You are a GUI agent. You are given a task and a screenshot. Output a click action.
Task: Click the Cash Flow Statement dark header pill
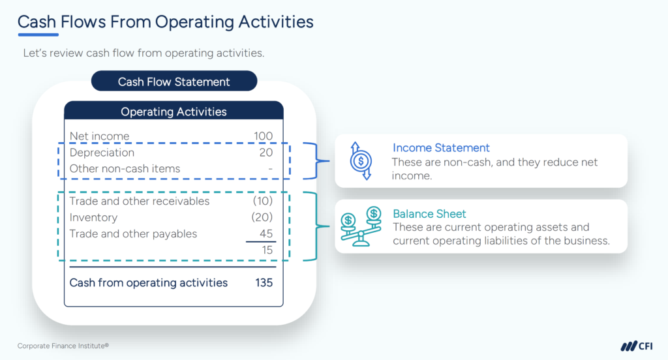174,82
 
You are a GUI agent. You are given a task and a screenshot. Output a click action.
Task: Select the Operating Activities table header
174,112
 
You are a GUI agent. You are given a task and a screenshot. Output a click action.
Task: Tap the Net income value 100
263,136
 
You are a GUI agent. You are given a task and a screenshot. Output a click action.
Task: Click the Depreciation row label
102,153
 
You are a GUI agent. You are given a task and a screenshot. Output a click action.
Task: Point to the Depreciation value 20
266,153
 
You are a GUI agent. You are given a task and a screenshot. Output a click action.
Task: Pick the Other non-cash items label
125,168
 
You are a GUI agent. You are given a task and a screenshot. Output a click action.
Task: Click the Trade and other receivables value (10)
262,202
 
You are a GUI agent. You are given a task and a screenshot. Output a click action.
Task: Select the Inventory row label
93,217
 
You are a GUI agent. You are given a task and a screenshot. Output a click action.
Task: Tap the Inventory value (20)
262,217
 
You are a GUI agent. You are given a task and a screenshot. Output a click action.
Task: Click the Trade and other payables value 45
266,233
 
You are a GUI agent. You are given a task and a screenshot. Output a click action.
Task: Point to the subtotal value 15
266,250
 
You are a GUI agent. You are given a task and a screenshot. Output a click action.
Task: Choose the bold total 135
264,283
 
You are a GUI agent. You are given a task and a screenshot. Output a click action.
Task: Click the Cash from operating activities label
149,283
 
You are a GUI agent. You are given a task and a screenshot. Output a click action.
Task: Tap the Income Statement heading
441,148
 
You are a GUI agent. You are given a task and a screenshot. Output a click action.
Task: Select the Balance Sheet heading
429,213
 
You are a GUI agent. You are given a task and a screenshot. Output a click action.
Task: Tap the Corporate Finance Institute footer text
63,346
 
